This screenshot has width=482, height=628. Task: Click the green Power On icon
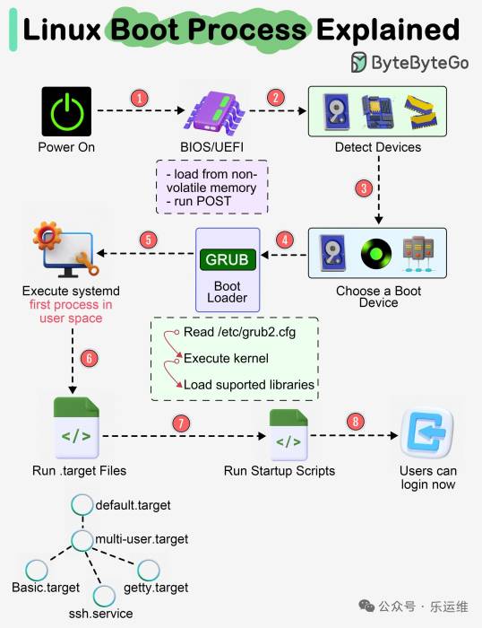coord(66,111)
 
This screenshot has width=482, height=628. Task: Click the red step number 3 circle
coord(364,188)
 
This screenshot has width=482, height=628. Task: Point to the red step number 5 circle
coord(148,240)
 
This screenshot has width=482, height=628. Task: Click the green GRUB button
coord(228,259)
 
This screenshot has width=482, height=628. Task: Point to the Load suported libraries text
coord(248,385)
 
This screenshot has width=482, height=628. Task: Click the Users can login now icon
coord(427,434)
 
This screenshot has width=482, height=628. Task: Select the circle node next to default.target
coord(82,504)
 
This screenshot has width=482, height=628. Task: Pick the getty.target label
coord(158,588)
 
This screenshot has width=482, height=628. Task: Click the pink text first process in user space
coord(70,311)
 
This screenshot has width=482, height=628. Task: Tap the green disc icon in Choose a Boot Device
coord(375,255)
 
